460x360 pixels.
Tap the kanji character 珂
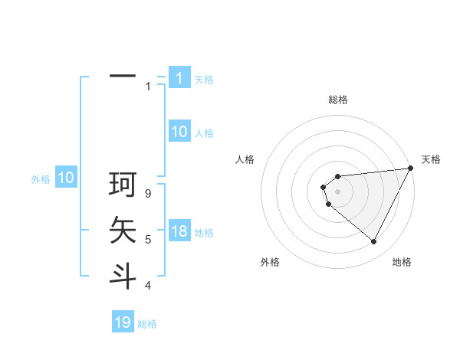(122, 185)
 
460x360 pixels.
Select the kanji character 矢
(122, 231)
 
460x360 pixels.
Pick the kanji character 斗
(122, 276)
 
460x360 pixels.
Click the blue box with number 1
(179, 78)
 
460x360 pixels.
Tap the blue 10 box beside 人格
(179, 132)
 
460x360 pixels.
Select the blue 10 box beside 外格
(66, 178)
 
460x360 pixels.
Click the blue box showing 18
(179, 231)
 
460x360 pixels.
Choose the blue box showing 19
(123, 322)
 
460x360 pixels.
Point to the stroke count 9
(148, 194)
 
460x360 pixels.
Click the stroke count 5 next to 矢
(148, 240)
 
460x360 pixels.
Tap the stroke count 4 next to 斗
(148, 286)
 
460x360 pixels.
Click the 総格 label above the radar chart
(338, 100)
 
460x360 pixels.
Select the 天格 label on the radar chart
(431, 159)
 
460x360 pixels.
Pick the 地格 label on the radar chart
(402, 262)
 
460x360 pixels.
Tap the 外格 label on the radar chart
(270, 262)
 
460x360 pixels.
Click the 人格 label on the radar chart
(245, 159)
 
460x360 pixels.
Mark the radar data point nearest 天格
(412, 168)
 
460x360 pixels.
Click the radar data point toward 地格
(374, 242)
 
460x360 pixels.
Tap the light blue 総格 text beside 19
(147, 324)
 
